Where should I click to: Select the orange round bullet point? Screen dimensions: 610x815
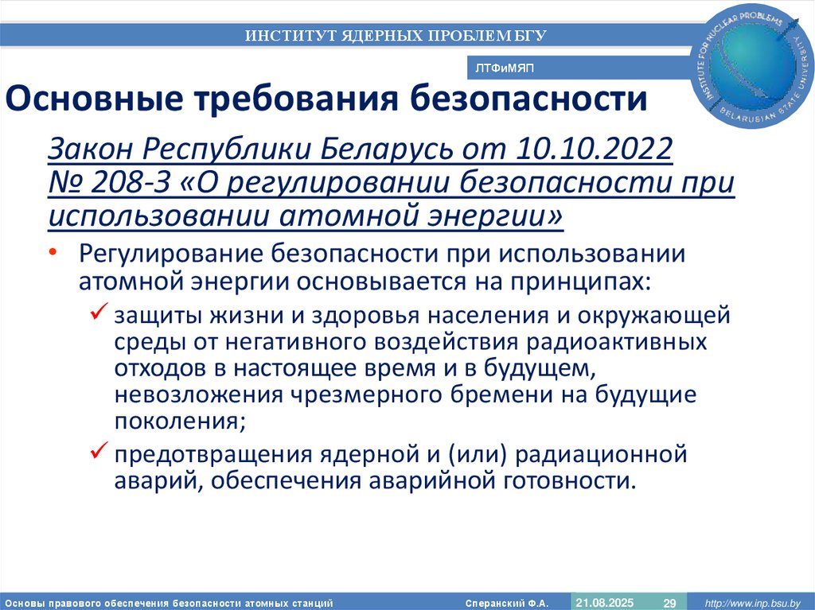(53, 251)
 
